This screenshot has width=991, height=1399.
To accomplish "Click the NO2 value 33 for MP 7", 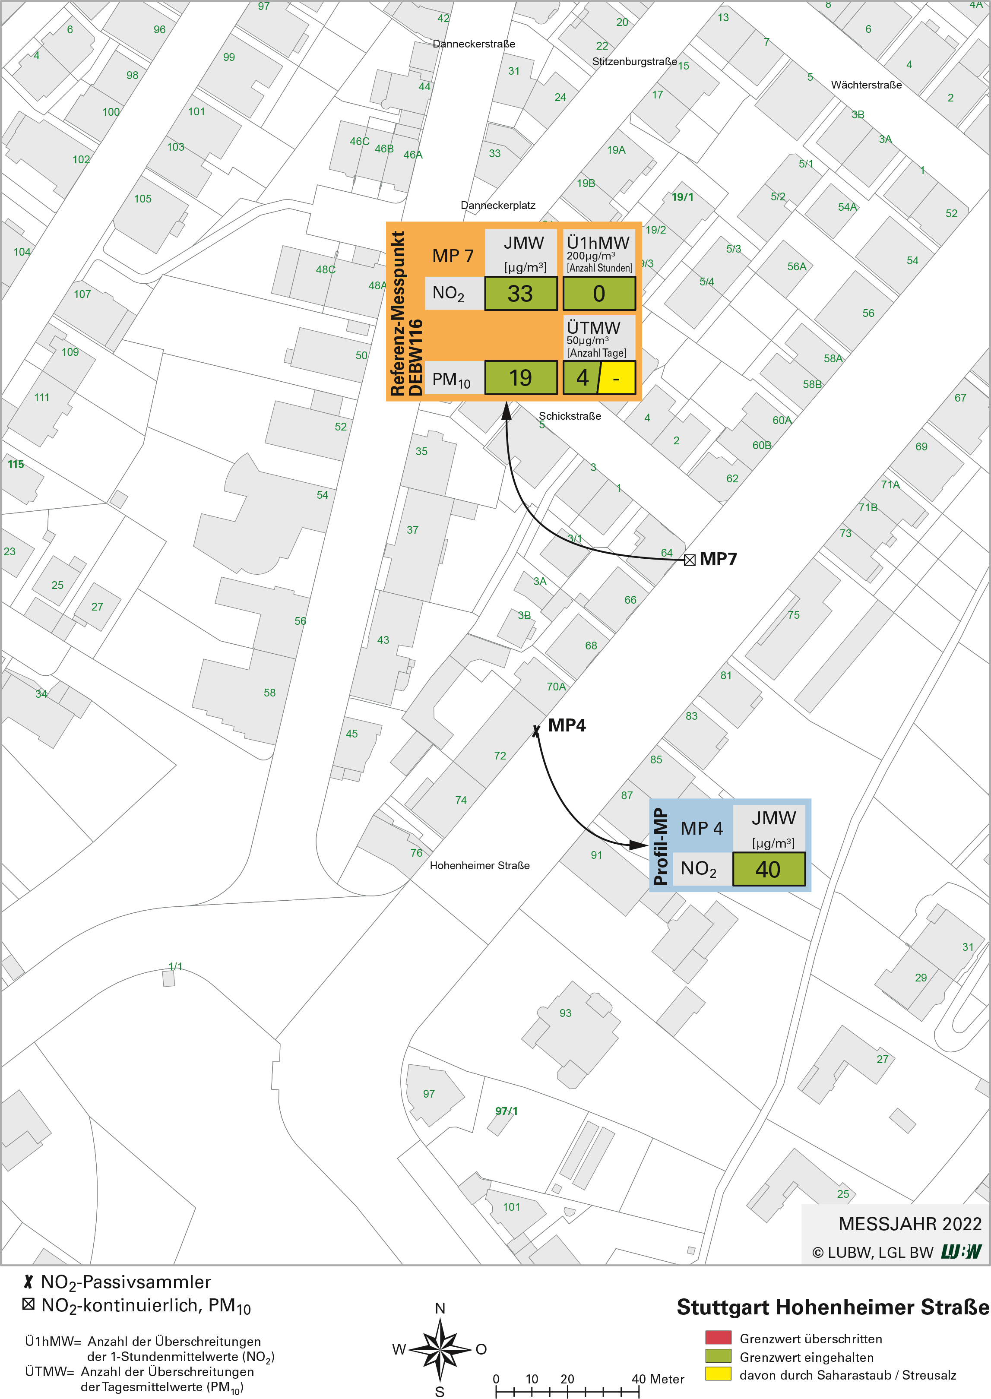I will [520, 294].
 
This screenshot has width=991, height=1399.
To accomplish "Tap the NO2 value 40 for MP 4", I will [768, 869].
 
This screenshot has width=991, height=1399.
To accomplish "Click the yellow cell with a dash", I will [616, 378].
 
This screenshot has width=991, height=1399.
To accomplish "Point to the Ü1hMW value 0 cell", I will [598, 294].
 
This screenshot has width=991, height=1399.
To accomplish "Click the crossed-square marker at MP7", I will [690, 560].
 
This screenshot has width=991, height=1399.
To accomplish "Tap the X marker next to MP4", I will [536, 730].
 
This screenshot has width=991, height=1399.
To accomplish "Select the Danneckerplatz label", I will [497, 205].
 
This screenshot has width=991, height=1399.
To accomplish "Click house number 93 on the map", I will [565, 1013].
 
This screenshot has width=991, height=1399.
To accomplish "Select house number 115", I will [16, 464].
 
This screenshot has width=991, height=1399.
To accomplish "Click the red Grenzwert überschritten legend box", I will [718, 1339].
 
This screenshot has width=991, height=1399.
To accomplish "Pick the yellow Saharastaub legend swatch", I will [718, 1374].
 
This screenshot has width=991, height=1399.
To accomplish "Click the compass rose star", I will [439, 1349].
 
